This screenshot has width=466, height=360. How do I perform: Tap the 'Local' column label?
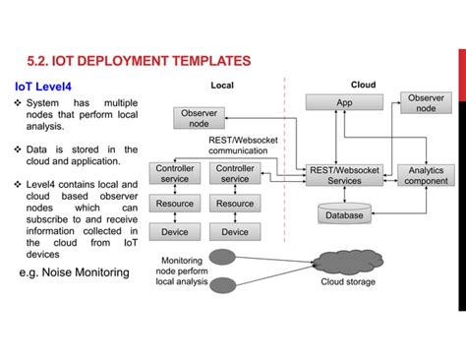[x=222, y=86]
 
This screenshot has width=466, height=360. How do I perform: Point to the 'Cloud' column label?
[x=363, y=86]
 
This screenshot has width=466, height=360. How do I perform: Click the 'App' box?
[x=344, y=102]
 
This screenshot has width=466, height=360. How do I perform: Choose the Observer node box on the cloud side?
[x=426, y=103]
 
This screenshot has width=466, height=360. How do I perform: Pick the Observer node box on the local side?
[x=199, y=118]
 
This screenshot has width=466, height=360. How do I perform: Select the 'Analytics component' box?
[x=426, y=175]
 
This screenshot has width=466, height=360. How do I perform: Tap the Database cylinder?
[x=344, y=214]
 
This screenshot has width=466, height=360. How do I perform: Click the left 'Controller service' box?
[x=175, y=174]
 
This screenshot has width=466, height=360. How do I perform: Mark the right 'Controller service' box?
[x=235, y=174]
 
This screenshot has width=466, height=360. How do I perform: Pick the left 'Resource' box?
[x=175, y=204]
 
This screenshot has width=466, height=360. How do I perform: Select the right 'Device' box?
[x=235, y=232]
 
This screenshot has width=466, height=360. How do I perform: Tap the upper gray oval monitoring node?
[x=224, y=259]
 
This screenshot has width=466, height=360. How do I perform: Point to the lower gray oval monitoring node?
[x=224, y=286]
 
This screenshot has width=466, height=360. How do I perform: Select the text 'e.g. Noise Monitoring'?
[x=75, y=272]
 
